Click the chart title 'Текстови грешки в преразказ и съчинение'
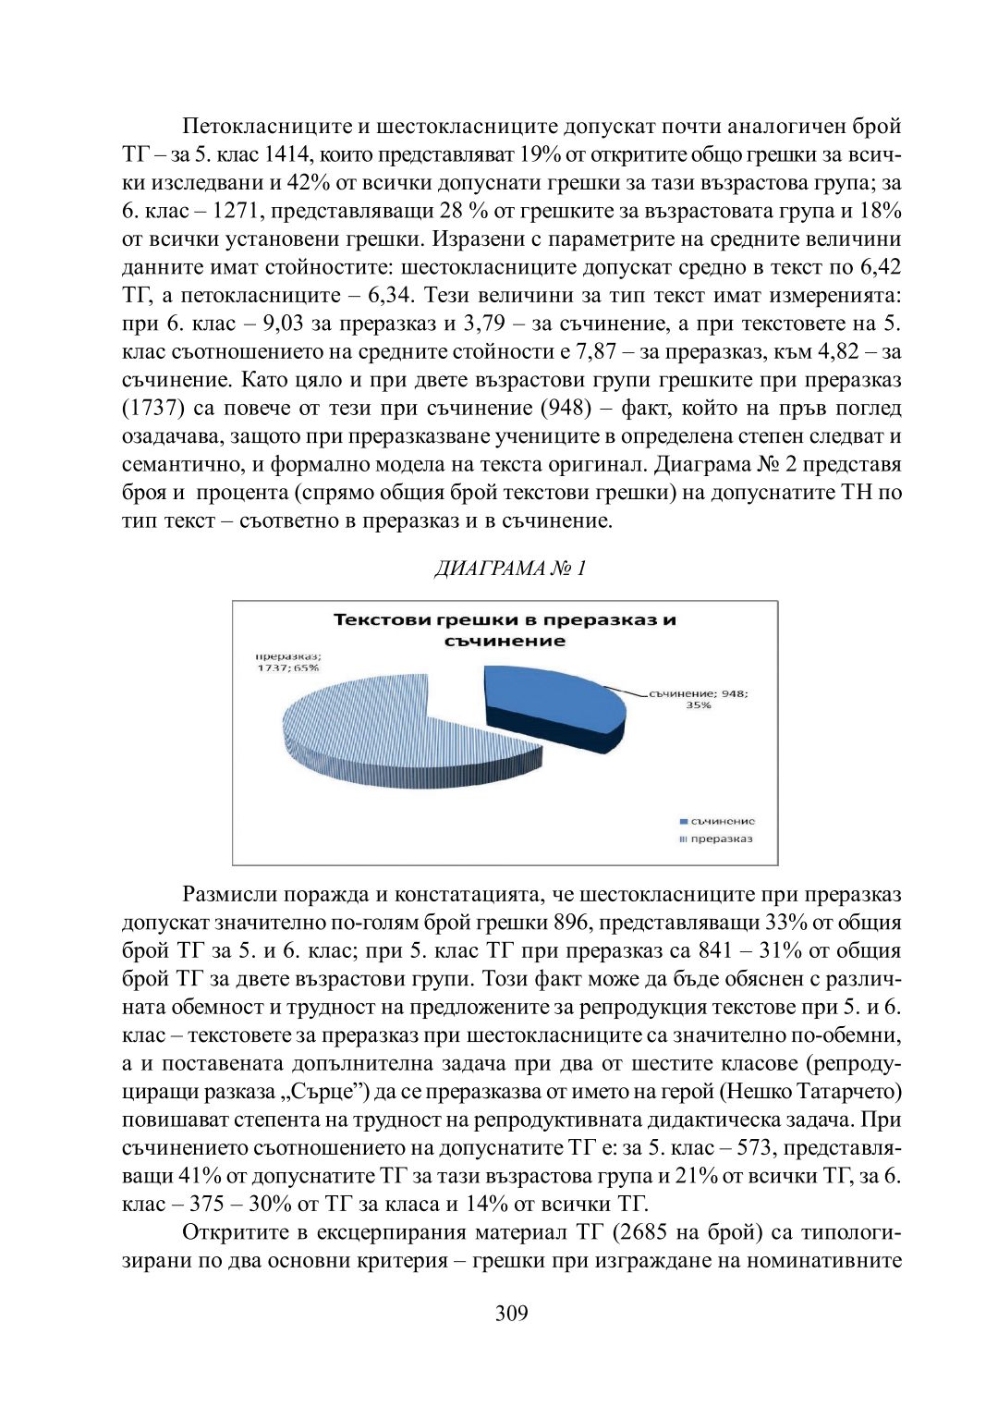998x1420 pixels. click(505, 630)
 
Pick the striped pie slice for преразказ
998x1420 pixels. click(388, 730)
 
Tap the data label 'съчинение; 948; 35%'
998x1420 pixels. click(699, 699)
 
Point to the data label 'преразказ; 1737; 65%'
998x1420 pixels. click(287, 662)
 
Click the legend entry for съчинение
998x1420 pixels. click(717, 821)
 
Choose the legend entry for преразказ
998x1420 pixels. click(716, 839)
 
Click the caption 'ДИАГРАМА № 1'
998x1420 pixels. click(510, 568)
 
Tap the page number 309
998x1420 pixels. click(511, 1313)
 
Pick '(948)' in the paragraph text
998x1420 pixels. click(565, 409)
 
